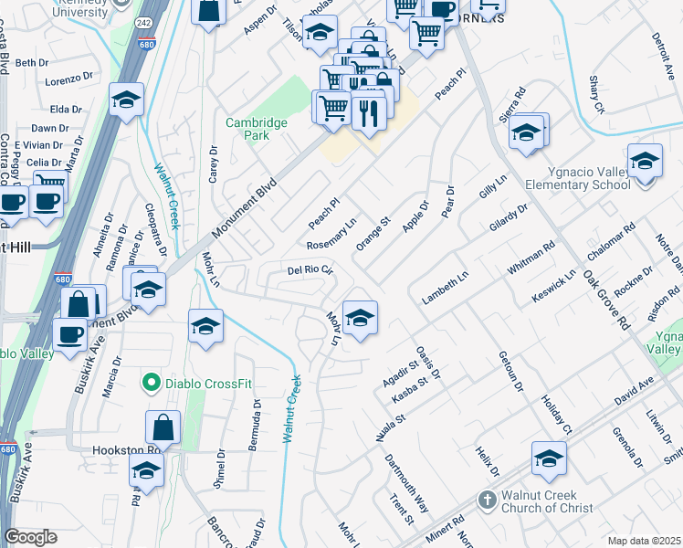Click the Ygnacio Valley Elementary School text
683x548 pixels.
click(x=578, y=178)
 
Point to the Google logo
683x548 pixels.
click(x=30, y=537)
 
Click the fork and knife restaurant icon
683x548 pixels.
click(x=369, y=111)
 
